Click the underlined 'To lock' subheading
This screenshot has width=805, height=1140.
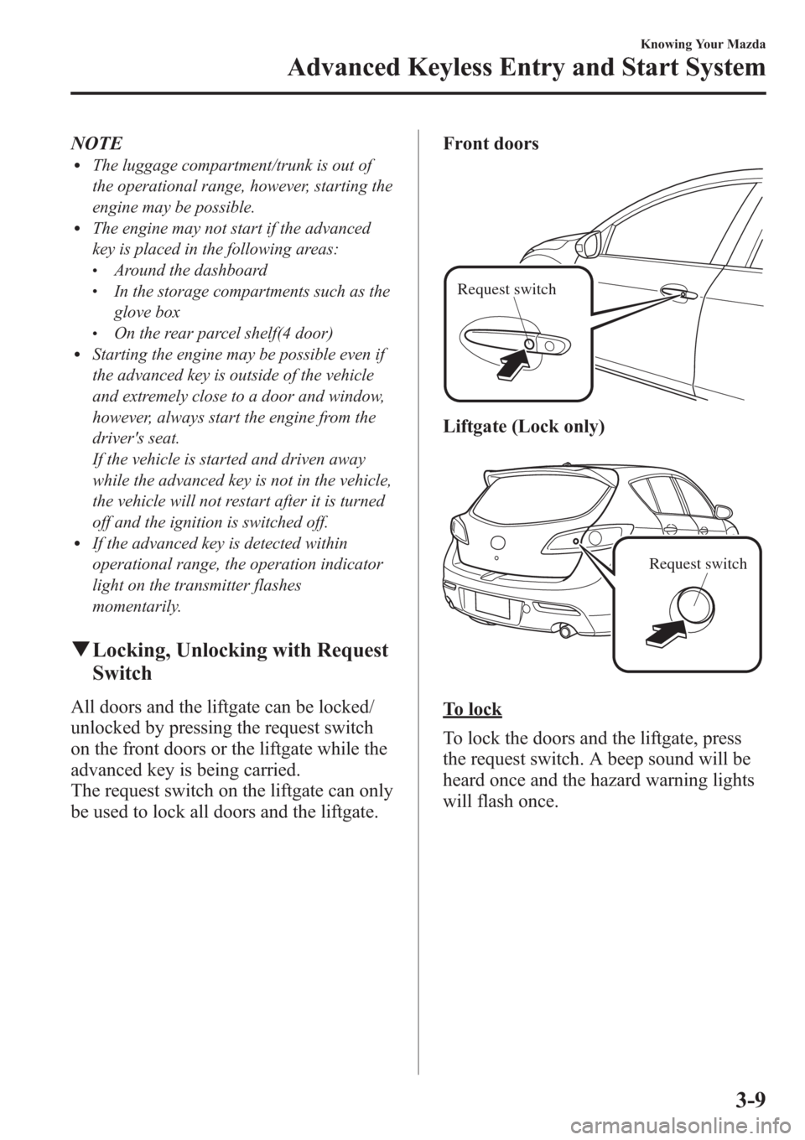473,709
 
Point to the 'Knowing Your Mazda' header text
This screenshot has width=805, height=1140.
708,43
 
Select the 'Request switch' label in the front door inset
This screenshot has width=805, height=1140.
506,290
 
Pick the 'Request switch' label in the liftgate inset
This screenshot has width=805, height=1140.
698,563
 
